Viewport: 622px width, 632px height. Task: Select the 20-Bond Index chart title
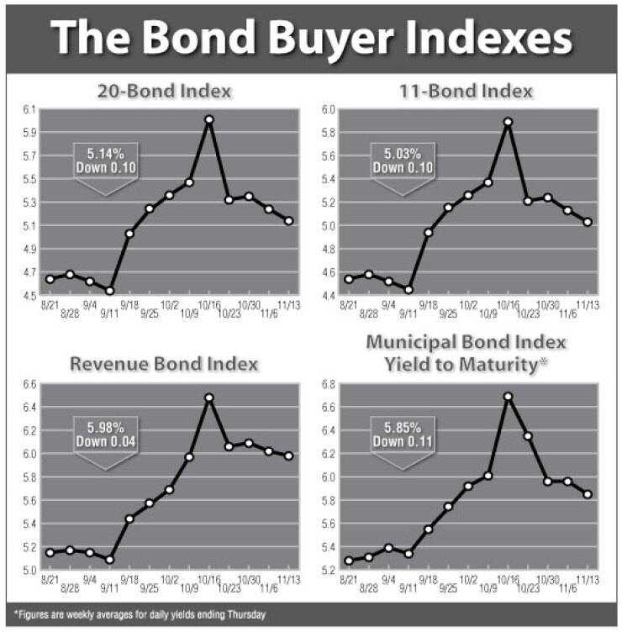tap(165, 91)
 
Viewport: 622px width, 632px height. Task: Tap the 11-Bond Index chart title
tap(466, 91)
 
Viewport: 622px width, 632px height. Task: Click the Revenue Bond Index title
tap(164, 364)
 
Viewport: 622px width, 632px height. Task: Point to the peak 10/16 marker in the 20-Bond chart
tap(209, 119)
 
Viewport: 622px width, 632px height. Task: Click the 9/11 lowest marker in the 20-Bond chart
tap(109, 291)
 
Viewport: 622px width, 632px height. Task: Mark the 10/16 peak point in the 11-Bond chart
tap(508, 122)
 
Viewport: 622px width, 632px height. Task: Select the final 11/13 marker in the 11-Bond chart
tap(588, 222)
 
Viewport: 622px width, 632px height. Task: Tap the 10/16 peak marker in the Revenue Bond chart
tap(209, 398)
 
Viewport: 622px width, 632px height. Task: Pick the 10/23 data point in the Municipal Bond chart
tap(528, 436)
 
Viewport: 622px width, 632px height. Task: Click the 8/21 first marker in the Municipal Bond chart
tap(349, 561)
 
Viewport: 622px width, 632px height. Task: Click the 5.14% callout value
tap(106, 154)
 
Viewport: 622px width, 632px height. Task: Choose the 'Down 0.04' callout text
tap(106, 442)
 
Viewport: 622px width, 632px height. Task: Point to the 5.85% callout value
tap(403, 427)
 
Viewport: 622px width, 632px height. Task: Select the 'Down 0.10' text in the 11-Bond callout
tap(403, 168)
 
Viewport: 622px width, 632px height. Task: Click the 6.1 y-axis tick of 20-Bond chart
tap(29, 109)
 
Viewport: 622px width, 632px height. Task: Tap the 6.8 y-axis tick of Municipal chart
tap(328, 384)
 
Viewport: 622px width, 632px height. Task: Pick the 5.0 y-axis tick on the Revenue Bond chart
tap(29, 570)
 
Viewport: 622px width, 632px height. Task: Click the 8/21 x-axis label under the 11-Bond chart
tap(348, 306)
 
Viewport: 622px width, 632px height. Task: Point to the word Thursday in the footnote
tap(246, 614)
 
